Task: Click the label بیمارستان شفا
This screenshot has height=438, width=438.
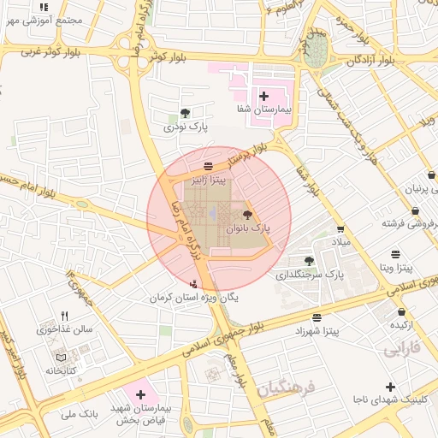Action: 264,110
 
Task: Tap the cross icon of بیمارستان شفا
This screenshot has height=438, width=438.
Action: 263,96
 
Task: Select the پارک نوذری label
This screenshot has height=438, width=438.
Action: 186,127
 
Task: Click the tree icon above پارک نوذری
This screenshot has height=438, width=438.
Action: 186,112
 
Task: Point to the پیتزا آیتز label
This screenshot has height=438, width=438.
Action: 210,181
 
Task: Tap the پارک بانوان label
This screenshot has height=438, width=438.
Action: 248,229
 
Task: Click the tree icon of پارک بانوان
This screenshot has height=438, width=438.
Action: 248,215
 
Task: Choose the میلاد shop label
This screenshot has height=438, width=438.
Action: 341,244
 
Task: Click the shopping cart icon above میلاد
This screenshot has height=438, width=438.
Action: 341,229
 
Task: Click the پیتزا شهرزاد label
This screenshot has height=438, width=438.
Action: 317,329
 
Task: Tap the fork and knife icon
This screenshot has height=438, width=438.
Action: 64,316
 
